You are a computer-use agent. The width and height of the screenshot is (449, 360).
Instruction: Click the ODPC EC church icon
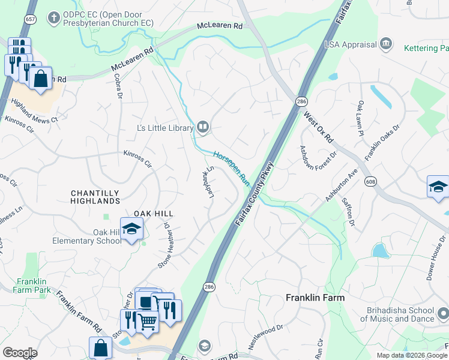(x=54, y=17)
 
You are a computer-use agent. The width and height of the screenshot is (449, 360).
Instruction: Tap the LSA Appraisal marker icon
(x=385, y=43)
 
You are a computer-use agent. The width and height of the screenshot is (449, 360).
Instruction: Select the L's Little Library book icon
(x=203, y=127)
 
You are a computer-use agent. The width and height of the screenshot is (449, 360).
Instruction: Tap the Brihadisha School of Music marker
(x=442, y=313)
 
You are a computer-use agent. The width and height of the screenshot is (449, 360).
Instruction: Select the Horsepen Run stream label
(x=232, y=167)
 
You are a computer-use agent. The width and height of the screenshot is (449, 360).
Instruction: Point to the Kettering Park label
(x=423, y=47)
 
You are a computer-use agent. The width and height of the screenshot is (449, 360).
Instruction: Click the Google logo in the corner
(x=20, y=353)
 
